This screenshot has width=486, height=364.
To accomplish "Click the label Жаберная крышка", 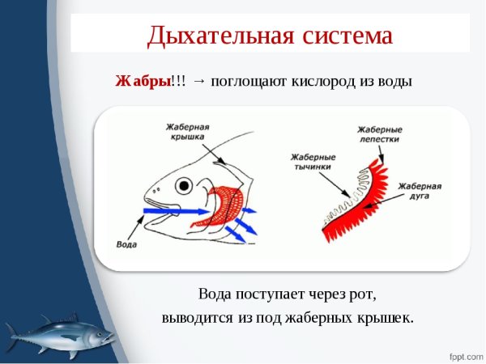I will pyautogui.click(x=188, y=133).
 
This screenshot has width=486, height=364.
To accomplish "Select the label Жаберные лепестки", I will pyautogui.click(x=380, y=133).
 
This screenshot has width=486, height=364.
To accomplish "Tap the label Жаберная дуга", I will pyautogui.click(x=419, y=190).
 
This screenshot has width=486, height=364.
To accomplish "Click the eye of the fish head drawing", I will pyautogui.click(x=185, y=185).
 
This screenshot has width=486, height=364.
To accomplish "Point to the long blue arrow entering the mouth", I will pyautogui.click(x=162, y=212).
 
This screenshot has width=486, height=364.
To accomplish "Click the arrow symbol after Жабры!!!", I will pyautogui.click(x=200, y=82).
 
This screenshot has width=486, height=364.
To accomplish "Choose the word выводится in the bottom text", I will pyautogui.click(x=198, y=318).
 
